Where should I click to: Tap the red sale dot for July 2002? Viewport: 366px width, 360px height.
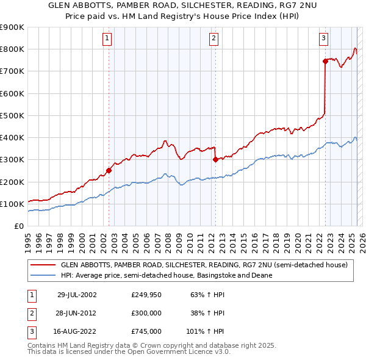click(109, 171)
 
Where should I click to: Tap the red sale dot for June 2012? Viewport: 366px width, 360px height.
click(215, 160)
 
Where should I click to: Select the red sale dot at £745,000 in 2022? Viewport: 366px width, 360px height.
click(325, 60)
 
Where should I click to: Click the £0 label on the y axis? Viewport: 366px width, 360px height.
click(19, 226)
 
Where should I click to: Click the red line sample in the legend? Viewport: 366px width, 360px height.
click(43, 265)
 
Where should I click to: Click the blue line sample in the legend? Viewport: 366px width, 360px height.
click(43, 275)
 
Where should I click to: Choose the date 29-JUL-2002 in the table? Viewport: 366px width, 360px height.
click(77, 294)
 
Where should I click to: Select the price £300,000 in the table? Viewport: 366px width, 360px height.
click(146, 313)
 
